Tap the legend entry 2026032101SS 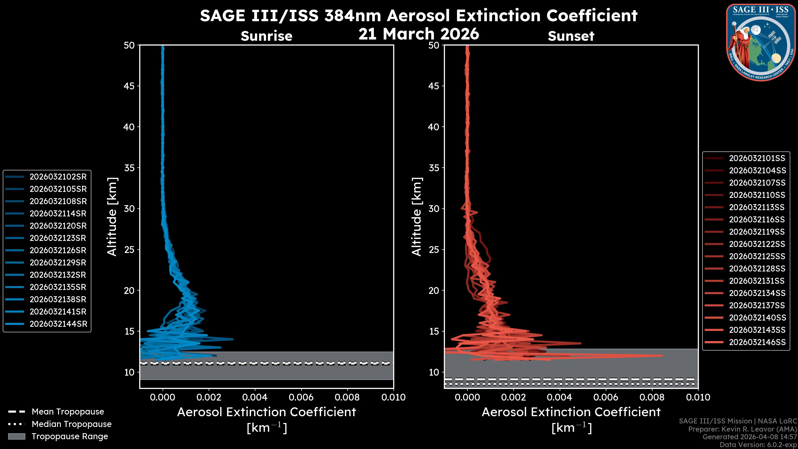coord(757,158)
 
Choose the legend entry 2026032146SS coord(757,342)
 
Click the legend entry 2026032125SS coord(757,256)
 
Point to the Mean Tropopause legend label coord(68,412)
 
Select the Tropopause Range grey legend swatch coord(17,436)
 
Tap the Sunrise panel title coord(266,36)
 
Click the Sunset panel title coord(571,36)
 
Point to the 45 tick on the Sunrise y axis coord(129,86)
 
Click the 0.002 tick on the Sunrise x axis coord(209,397)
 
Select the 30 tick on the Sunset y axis coord(434,208)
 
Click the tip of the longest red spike coord(662,356)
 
